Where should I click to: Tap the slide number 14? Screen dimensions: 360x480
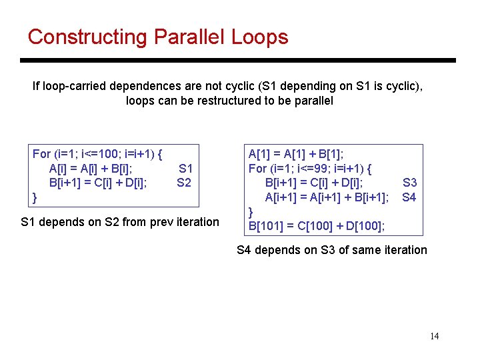pyautogui.click(x=434, y=336)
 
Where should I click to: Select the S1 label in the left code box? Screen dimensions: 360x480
pyautogui.click(x=185, y=169)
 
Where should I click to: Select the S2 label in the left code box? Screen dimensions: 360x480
pyautogui.click(x=184, y=183)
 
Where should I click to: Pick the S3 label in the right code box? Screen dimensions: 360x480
pyautogui.click(x=409, y=183)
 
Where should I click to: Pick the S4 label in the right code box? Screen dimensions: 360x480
pyautogui.click(x=409, y=197)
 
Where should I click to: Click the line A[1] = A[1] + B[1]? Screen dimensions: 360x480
pyautogui.click(x=301, y=154)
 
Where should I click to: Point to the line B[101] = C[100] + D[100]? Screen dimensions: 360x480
pyautogui.click(x=317, y=226)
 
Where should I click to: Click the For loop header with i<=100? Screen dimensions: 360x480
pyautogui.click(x=101, y=154)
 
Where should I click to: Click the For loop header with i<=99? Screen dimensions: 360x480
pyautogui.click(x=310, y=169)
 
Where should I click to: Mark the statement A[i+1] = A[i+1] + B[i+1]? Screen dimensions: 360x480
pyautogui.click(x=327, y=197)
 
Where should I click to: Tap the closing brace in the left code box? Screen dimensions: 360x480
pyautogui.click(x=35, y=197)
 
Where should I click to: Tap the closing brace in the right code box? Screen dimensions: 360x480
pyautogui.click(x=251, y=212)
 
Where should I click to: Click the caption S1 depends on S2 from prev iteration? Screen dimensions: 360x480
pyautogui.click(x=120, y=221)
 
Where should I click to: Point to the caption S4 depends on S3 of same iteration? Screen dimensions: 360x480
pyautogui.click(x=332, y=250)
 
